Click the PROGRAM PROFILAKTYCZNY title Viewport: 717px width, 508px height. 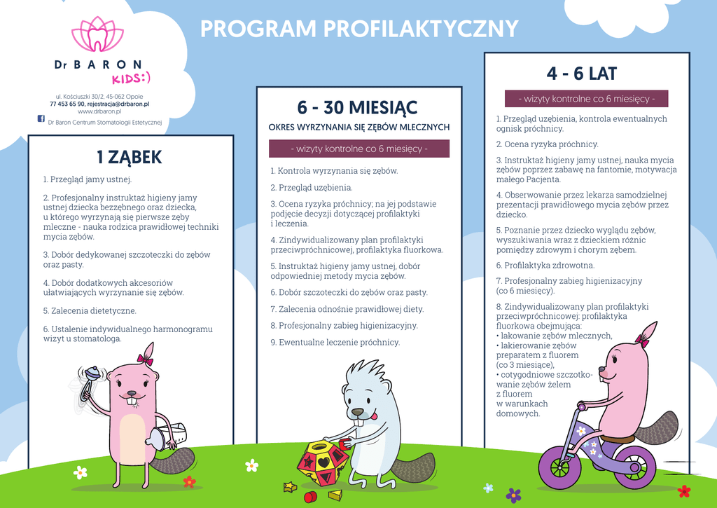point(359,29)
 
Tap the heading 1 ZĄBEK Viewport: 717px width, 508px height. point(130,157)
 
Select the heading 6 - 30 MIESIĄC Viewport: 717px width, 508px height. point(357,107)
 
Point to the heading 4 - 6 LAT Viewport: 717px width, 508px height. point(582,73)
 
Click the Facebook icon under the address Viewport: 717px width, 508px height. point(41,119)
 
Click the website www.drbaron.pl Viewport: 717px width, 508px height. point(99,111)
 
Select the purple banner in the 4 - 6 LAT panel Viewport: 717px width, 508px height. point(587,99)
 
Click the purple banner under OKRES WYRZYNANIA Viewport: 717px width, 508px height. point(359,149)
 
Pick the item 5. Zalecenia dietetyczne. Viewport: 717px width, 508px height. point(90,310)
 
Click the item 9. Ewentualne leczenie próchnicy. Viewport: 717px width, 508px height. point(335,343)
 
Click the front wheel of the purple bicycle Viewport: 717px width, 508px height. point(559,467)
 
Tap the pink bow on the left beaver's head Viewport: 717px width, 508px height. point(145,359)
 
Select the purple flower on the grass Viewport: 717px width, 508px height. point(513,495)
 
